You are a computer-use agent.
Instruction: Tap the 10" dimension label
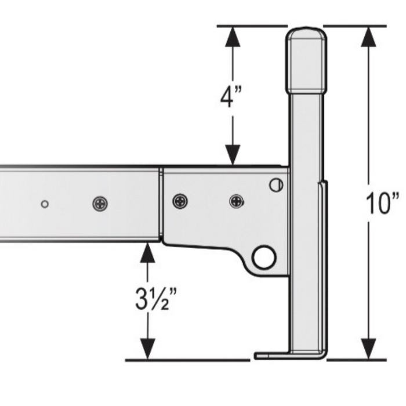pos(382,204)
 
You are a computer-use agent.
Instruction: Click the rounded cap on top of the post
pos(306,58)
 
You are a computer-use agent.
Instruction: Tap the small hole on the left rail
pos(45,204)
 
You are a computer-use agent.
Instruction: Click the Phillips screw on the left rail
pos(100,204)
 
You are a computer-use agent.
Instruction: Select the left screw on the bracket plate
pos(180,202)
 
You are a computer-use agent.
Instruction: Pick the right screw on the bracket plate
pos(237,202)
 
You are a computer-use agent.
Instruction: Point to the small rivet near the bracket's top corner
pos(277,185)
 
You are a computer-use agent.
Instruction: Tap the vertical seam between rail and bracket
pos(161,203)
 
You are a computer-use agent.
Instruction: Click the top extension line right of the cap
pos(354,26)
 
